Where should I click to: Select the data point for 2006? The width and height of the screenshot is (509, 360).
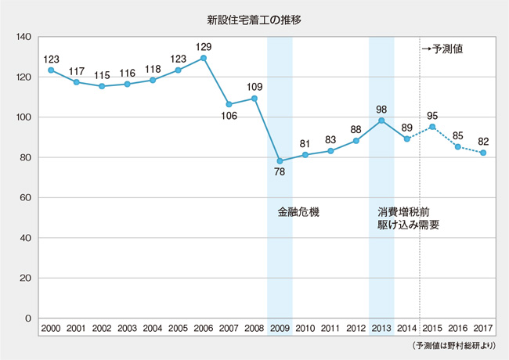tap(204, 58)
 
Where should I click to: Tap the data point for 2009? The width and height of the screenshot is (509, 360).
tap(280, 160)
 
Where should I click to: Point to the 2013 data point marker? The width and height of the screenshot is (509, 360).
tap(381, 121)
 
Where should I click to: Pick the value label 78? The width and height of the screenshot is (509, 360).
tap(280, 174)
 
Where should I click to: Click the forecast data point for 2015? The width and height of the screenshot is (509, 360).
tap(432, 127)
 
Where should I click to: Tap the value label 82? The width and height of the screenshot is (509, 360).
tap(483, 141)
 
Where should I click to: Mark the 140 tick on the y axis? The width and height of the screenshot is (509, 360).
tap(22, 37)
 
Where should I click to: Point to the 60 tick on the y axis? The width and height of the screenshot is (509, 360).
tap(24, 198)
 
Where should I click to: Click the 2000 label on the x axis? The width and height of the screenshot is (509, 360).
tap(51, 327)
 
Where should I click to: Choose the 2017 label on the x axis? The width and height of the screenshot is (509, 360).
tap(483, 327)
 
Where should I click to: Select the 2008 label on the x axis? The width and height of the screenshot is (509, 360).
tap(254, 327)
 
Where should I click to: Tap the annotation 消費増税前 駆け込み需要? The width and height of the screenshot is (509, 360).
tap(407, 218)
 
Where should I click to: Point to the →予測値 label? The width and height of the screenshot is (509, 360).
tap(444, 49)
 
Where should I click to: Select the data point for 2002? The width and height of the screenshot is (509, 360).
tap(102, 86)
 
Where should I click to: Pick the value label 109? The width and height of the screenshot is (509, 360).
tap(254, 86)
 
